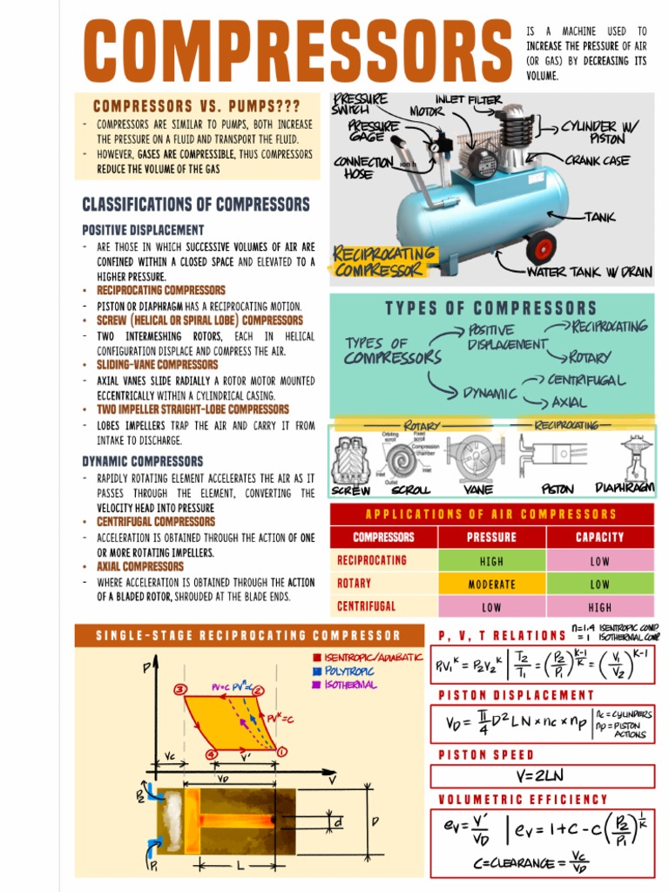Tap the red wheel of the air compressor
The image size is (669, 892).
tap(540, 248)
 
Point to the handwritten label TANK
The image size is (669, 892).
tap(599, 216)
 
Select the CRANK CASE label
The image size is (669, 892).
tap(597, 160)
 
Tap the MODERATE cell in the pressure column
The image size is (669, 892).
tap(491, 584)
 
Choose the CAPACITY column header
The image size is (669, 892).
tap(599, 537)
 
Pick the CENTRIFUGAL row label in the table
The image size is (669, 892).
tap(367, 606)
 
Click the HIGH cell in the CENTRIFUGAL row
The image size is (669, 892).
tap(599, 607)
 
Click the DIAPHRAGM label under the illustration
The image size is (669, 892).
tap(624, 488)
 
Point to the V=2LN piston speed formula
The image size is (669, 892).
tap(541, 775)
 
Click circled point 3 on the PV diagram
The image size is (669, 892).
tap(180, 690)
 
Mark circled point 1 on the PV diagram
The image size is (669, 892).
tap(282, 751)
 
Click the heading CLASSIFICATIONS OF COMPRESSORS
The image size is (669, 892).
tap(196, 205)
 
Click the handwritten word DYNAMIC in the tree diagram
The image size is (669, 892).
tap(489, 394)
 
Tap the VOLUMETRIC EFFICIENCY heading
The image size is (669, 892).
tap(523, 799)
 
